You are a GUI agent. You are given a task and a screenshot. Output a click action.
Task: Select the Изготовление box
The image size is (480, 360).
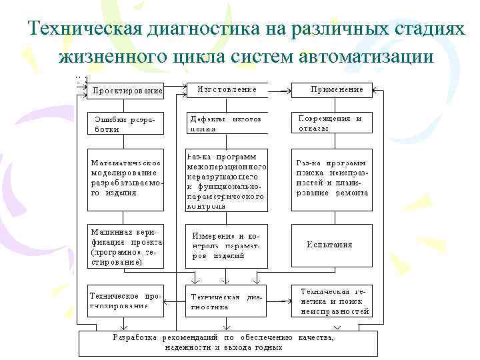[227, 89]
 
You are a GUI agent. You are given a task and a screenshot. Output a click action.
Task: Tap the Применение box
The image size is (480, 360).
[331, 89]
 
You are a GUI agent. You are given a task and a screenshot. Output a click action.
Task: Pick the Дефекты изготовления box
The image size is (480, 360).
[227, 123]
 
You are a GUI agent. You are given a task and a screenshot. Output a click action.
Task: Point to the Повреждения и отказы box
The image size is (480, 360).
[331, 123]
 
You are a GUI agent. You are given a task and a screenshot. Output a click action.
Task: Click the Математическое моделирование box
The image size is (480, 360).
[126, 178]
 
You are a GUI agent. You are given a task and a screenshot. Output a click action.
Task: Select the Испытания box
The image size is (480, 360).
[331, 245]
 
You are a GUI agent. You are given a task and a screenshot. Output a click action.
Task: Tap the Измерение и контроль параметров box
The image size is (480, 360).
[227, 245]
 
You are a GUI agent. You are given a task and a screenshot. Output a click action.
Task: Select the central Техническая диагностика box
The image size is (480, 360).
[227, 301]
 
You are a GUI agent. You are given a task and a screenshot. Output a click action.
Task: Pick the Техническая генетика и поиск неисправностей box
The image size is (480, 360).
[331, 301]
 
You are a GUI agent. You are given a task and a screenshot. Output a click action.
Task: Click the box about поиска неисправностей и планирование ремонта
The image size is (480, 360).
[331, 178]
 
